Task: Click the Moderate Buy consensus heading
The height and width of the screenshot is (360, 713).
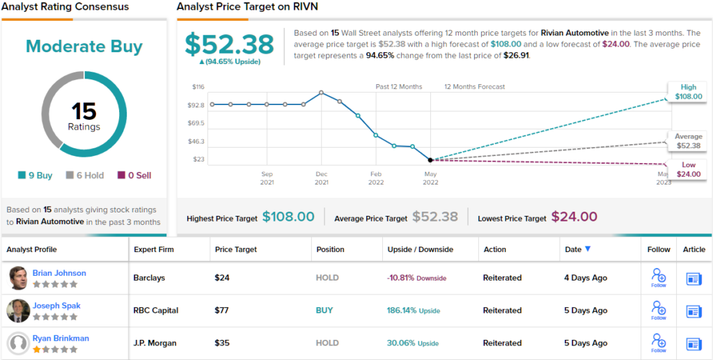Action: (84, 47)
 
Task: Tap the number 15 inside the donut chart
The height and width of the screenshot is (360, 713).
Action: (84, 111)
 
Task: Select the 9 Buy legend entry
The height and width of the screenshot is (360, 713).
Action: (35, 175)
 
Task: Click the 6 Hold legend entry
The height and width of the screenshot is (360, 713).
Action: (85, 175)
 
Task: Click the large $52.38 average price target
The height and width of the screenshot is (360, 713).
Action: (229, 44)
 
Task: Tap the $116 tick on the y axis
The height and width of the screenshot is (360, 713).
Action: (198, 87)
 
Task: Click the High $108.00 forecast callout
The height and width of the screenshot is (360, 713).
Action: (687, 92)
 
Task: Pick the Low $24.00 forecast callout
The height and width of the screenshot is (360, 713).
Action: (687, 169)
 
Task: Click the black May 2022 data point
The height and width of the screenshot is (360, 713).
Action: (430, 160)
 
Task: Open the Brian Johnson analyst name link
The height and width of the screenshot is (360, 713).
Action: (59, 273)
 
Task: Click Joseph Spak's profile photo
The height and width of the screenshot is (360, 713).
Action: (19, 311)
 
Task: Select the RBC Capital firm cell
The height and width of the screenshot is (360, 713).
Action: (156, 311)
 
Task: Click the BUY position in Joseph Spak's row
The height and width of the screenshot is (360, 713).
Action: (324, 311)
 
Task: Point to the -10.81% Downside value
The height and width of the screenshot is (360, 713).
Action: (416, 278)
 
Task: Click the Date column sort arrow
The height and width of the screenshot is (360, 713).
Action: (588, 249)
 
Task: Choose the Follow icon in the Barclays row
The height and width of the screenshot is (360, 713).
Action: (658, 278)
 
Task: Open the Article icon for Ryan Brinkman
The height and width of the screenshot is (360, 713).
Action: (694, 343)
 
